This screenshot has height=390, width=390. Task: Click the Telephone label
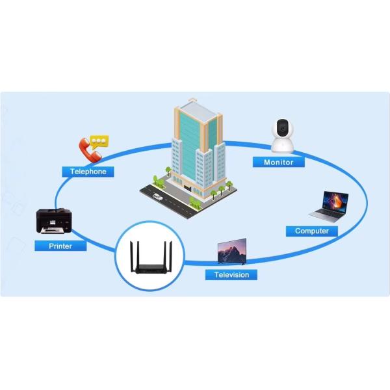[88, 172]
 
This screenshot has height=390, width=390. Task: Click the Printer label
[60, 246]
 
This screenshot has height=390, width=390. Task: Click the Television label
[231, 274]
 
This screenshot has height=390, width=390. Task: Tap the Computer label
[311, 231]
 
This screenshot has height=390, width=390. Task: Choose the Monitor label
[278, 162]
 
